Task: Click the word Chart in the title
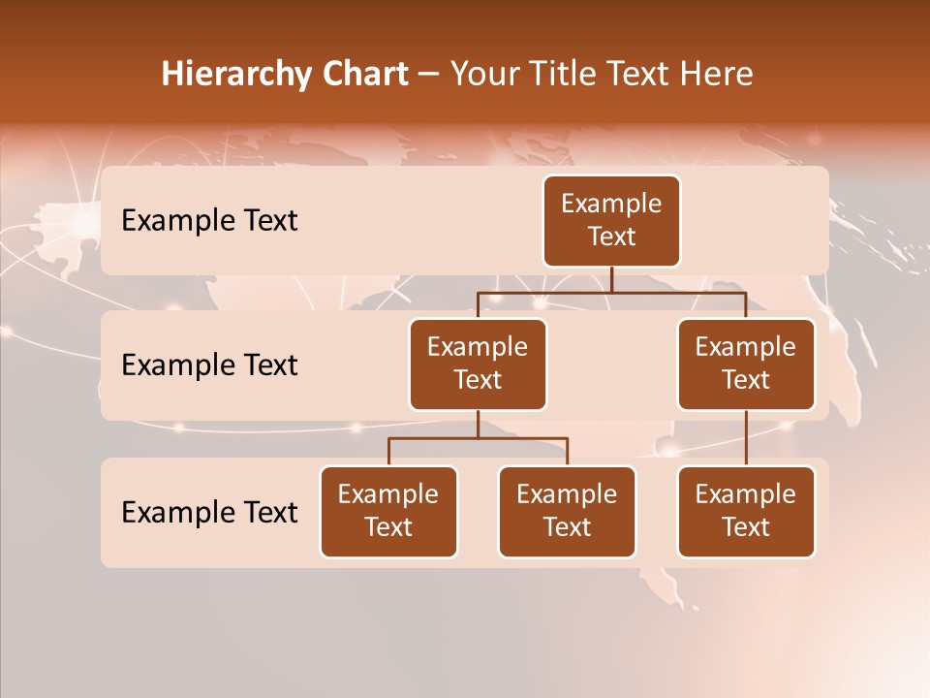click(360, 75)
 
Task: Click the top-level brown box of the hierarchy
click(611, 220)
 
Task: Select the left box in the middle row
click(478, 364)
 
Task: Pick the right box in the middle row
click(746, 364)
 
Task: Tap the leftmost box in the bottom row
click(388, 511)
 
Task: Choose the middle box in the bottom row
click(567, 511)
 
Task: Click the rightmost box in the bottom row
click(746, 511)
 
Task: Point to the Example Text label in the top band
click(209, 221)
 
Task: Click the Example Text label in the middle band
click(209, 365)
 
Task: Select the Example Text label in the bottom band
click(209, 512)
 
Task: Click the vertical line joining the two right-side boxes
click(746, 437)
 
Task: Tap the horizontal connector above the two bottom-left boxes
click(478, 439)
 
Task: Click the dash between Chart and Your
click(429, 75)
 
